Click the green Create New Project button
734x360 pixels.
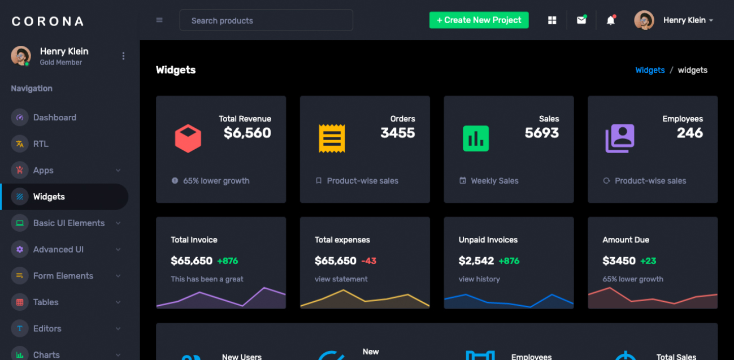479,20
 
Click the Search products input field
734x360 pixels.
266,20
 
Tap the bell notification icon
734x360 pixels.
610,20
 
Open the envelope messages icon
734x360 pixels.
581,20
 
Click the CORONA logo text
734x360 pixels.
47,21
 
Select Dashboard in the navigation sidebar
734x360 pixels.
54,118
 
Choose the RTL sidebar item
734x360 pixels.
41,144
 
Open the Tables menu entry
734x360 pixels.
46,302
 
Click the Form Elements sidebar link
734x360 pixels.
63,276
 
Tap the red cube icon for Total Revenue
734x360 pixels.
188,138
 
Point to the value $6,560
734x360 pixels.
247,133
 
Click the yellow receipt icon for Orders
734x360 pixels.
332,138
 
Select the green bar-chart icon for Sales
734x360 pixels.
476,138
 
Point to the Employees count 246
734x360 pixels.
689,133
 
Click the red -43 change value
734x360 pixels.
368,261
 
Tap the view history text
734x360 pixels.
479,279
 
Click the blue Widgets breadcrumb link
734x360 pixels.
650,70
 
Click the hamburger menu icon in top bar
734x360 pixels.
159,20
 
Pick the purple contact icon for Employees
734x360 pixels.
620,138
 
